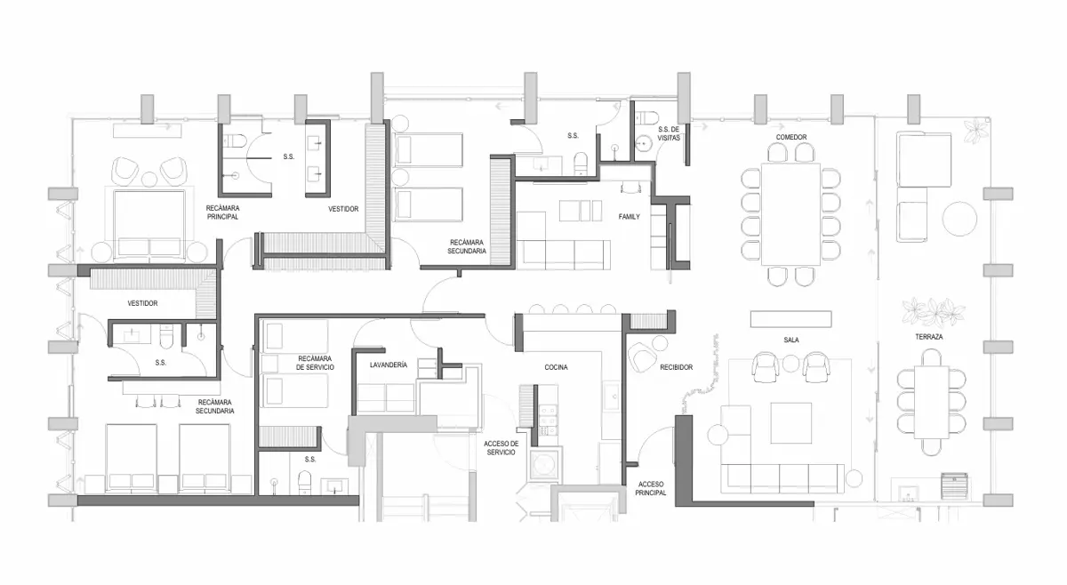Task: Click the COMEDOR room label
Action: pos(791,137)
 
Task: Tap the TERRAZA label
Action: pos(929,337)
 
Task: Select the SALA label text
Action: pos(791,341)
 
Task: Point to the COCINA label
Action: pos(556,367)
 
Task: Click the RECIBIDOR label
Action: pos(677,367)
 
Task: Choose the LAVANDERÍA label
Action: pos(389,365)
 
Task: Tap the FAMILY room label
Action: pos(630,217)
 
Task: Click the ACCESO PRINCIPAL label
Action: pos(651,489)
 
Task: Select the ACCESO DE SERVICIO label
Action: pos(501,448)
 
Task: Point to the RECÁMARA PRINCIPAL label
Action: pos(222,212)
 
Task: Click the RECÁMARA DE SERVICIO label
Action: pos(315,363)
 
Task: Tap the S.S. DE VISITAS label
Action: pos(669,133)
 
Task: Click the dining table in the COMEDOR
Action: pos(790,214)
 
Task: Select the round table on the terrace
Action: pos(959,219)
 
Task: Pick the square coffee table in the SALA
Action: pos(791,423)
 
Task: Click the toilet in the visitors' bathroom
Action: pos(647,117)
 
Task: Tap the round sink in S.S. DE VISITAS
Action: pos(644,143)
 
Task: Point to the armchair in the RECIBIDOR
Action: pos(642,357)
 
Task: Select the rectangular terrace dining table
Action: pos(931,402)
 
